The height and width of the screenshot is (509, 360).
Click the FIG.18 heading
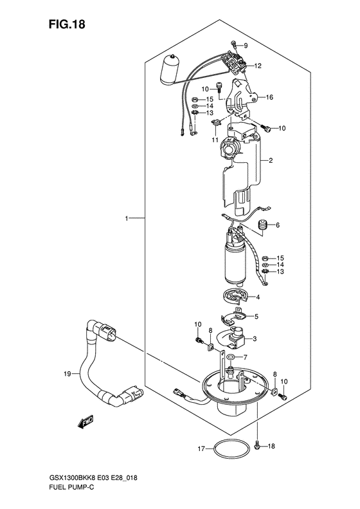click(67, 24)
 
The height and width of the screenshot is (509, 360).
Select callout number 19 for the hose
click(67, 375)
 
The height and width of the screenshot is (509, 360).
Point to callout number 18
click(271, 447)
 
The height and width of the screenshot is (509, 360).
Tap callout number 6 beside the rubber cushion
click(278, 225)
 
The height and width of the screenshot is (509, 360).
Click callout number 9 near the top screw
click(246, 46)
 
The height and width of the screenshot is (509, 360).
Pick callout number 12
click(258, 66)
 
